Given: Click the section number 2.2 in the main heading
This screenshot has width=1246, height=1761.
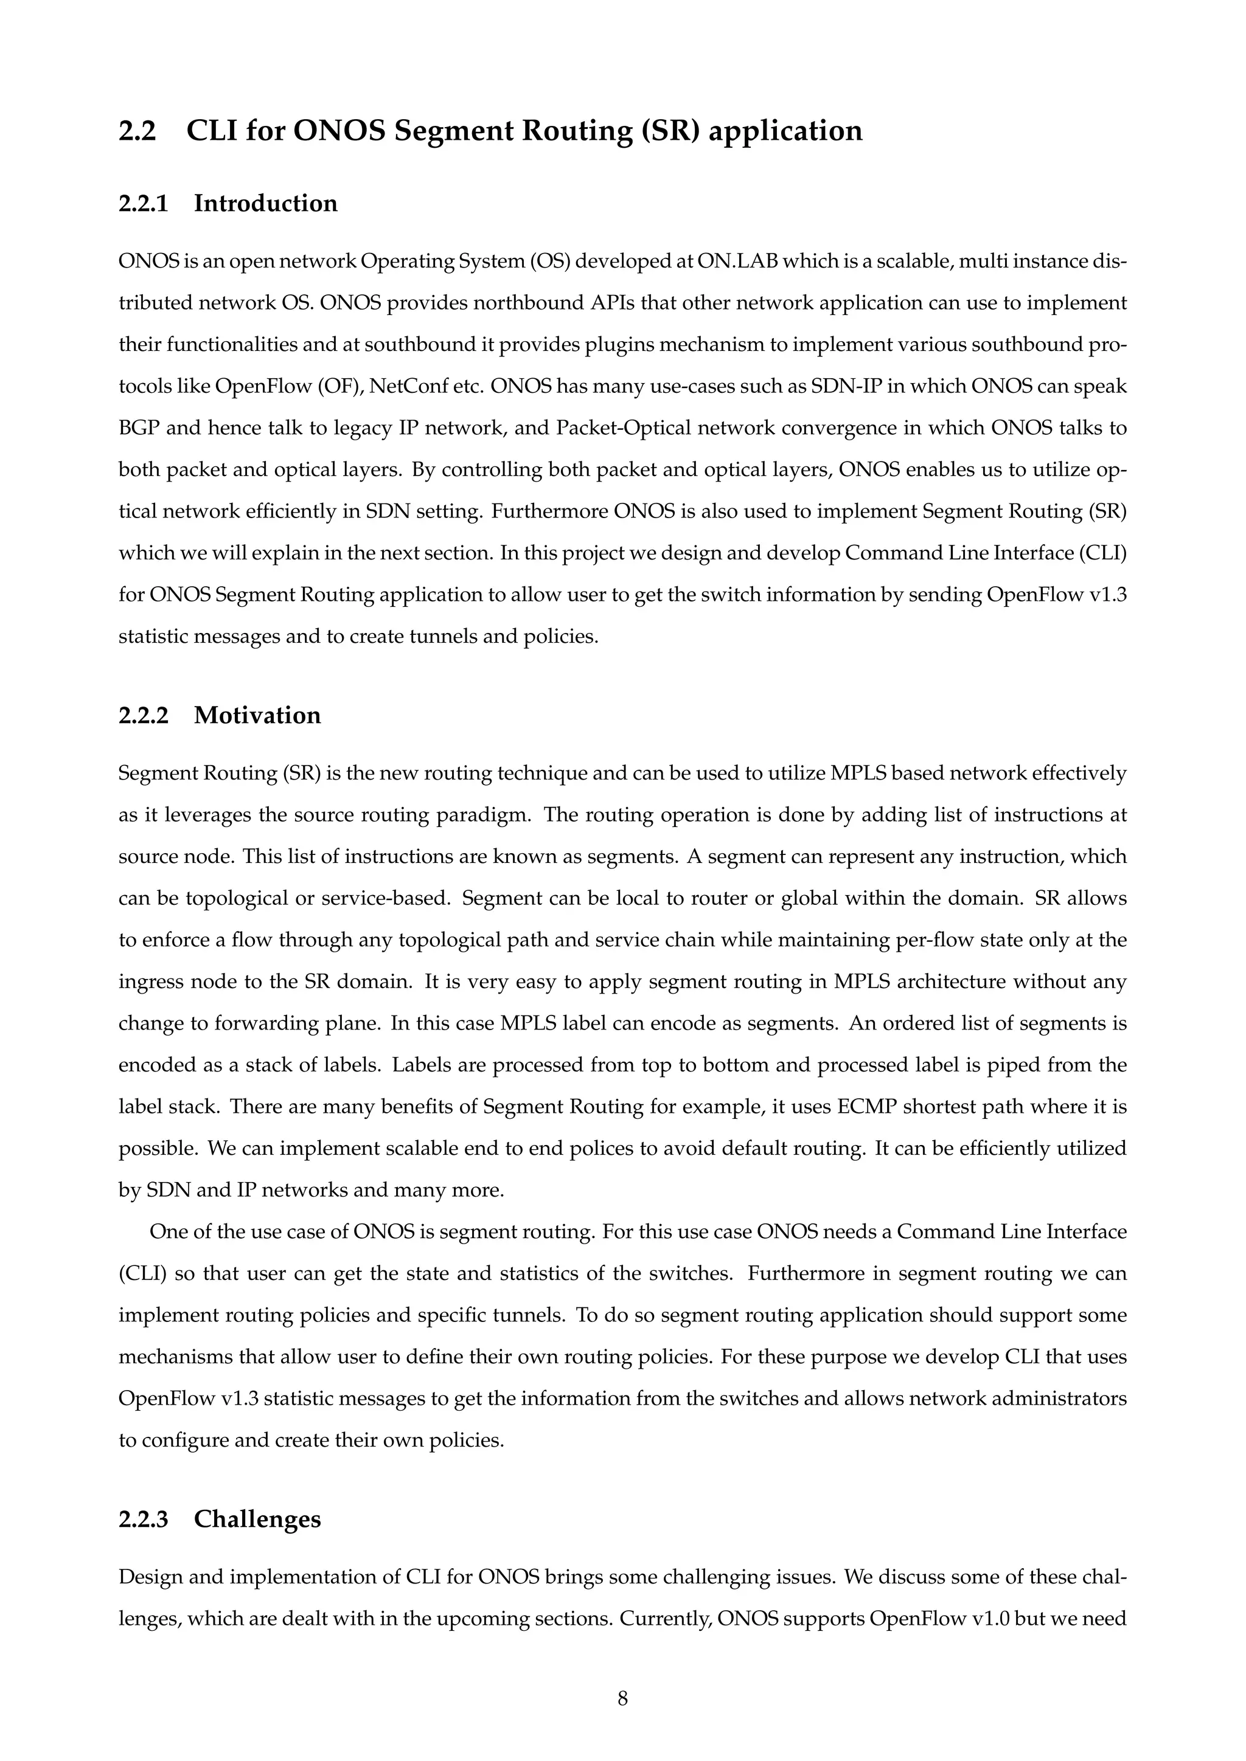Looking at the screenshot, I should click(x=137, y=131).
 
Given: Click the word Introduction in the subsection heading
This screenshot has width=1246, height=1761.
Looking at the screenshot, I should click(x=265, y=203).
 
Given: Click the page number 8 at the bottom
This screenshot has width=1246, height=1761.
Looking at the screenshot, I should click(x=622, y=1698).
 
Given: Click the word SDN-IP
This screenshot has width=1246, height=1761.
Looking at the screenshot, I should click(x=847, y=386).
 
